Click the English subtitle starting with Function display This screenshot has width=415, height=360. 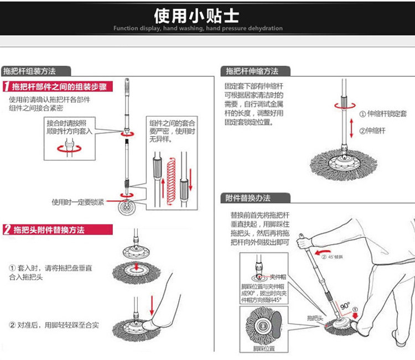[198, 28]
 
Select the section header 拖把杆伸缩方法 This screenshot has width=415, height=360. [252, 71]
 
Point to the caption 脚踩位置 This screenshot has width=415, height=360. [264, 349]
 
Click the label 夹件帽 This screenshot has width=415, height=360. [276, 276]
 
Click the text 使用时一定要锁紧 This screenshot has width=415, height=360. [77, 202]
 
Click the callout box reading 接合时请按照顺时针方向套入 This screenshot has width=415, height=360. [69, 128]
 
